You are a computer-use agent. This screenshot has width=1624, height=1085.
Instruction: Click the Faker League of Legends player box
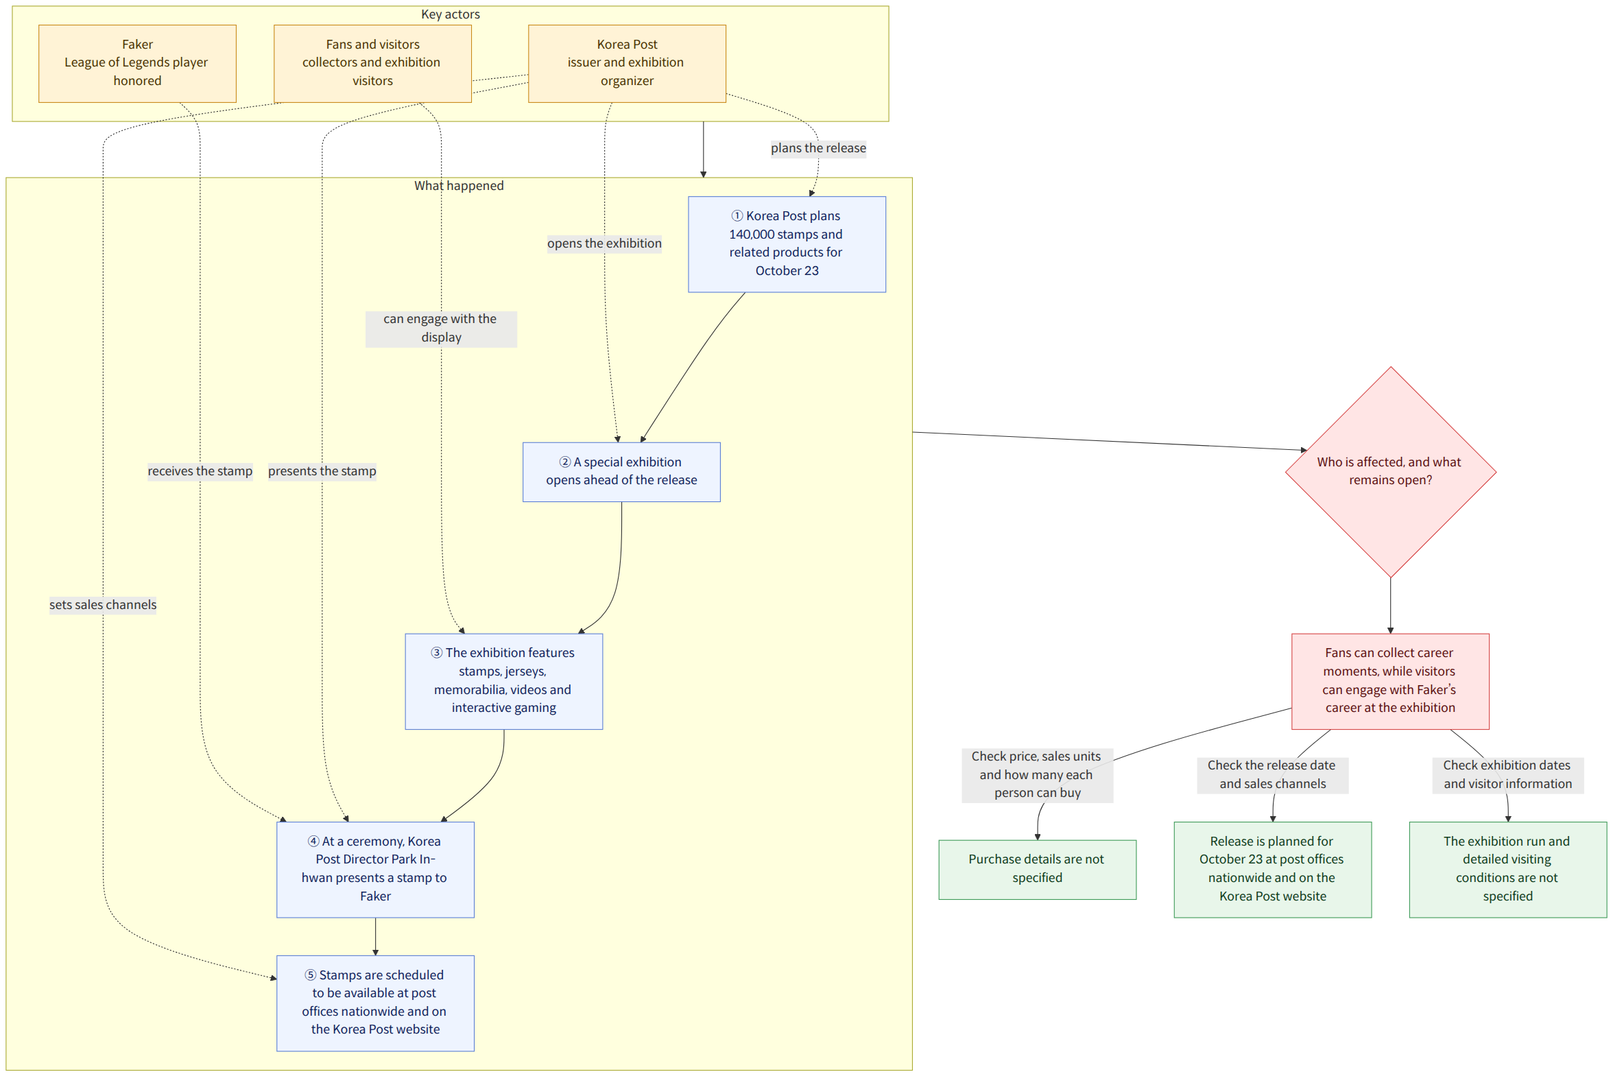click(138, 64)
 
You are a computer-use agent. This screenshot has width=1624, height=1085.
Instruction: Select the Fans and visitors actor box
click(373, 64)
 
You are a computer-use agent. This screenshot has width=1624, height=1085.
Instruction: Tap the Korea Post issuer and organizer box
click(627, 64)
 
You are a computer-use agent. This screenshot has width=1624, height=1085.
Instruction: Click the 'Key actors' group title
click(451, 14)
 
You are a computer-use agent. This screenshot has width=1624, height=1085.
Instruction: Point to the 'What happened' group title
click(459, 185)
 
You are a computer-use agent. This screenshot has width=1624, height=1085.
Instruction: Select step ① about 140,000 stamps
click(787, 244)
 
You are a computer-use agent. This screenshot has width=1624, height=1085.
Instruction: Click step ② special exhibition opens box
click(621, 472)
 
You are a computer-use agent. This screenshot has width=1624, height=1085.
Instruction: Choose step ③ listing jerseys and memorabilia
click(504, 682)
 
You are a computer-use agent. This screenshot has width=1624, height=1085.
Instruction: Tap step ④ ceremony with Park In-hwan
click(376, 870)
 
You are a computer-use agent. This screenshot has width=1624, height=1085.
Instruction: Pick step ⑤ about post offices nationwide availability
click(376, 1003)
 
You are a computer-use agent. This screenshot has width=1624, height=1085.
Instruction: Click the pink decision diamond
click(1391, 472)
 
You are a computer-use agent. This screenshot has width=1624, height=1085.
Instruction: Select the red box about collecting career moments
click(1391, 682)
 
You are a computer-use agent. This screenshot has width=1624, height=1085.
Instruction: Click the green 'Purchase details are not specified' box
click(1037, 870)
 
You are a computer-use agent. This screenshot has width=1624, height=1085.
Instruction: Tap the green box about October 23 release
click(1272, 870)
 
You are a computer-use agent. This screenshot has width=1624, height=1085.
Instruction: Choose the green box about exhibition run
click(1507, 870)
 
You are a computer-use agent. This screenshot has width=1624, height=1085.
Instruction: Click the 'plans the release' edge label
click(819, 148)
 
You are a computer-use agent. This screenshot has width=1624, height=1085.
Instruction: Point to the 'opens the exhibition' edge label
click(604, 243)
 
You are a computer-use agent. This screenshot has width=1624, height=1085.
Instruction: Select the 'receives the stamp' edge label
click(200, 471)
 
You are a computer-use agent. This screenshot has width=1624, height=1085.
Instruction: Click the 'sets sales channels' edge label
click(103, 605)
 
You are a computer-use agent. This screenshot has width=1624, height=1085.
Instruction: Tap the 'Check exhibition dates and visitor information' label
click(1507, 775)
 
